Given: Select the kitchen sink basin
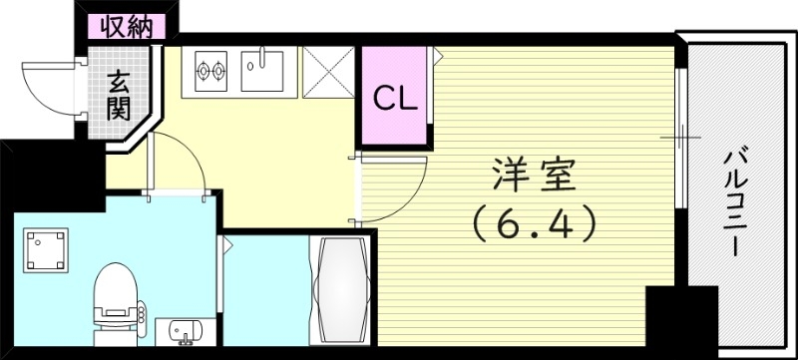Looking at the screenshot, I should (x=263, y=70).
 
